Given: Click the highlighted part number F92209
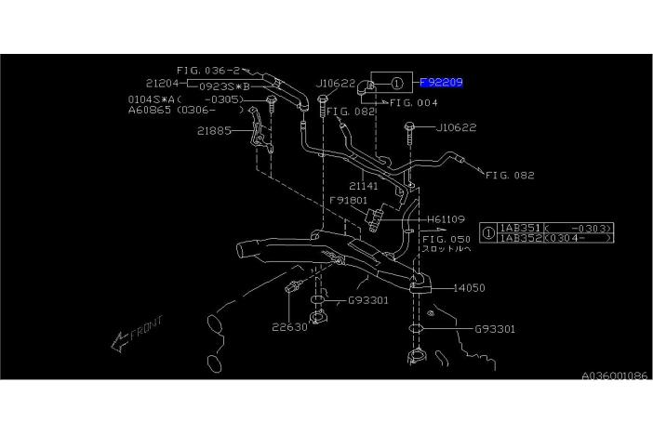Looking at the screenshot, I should (441, 83).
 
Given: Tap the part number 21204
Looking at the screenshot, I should (163, 83).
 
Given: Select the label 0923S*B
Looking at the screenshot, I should (222, 85).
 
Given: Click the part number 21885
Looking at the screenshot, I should (214, 130).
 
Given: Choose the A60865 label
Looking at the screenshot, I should (149, 110).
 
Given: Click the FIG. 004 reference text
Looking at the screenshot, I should (414, 103).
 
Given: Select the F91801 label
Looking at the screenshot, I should (347, 200).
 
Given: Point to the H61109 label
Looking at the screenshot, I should (446, 219).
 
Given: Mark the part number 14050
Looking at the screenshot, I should (470, 288).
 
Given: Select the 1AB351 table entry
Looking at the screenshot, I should (520, 228).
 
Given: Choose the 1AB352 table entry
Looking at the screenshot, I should (520, 238).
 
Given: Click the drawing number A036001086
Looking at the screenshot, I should (614, 376).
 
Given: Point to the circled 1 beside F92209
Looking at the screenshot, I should (397, 83).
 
